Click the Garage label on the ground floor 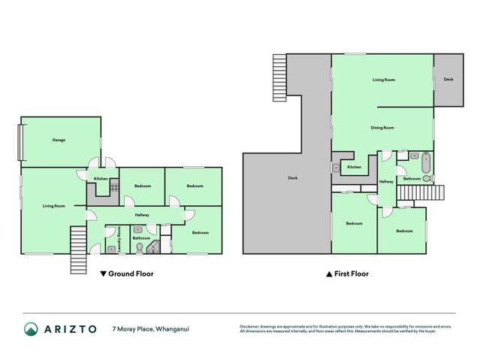[59, 141]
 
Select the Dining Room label [382, 128]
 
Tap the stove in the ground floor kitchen [114, 188]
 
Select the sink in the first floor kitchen [335, 168]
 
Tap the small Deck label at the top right [448, 80]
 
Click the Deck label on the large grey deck [293, 178]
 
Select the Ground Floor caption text [131, 274]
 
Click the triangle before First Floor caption [328, 274]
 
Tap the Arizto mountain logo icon [31, 329]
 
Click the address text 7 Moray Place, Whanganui [154, 329]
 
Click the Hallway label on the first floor [385, 182]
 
